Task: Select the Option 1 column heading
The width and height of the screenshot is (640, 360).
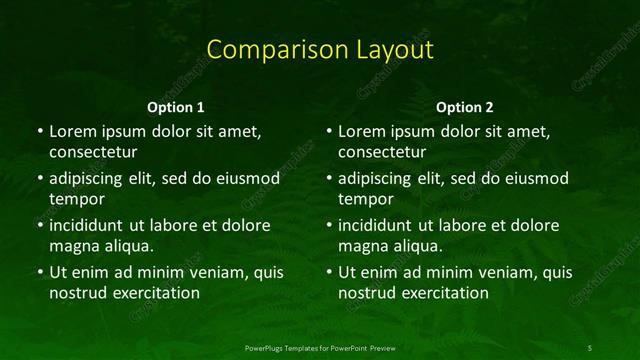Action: click(176, 107)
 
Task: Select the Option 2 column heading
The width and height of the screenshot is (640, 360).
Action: click(466, 107)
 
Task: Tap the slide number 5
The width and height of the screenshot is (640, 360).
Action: click(590, 347)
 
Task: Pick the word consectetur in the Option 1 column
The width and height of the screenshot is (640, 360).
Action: click(93, 152)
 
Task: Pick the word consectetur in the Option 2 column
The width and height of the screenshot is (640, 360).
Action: click(383, 152)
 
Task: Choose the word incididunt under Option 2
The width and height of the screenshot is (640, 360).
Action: click(381, 225)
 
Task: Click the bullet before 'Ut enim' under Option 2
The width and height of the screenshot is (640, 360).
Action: click(329, 272)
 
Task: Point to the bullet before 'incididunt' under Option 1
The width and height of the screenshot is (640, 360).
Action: click(39, 225)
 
